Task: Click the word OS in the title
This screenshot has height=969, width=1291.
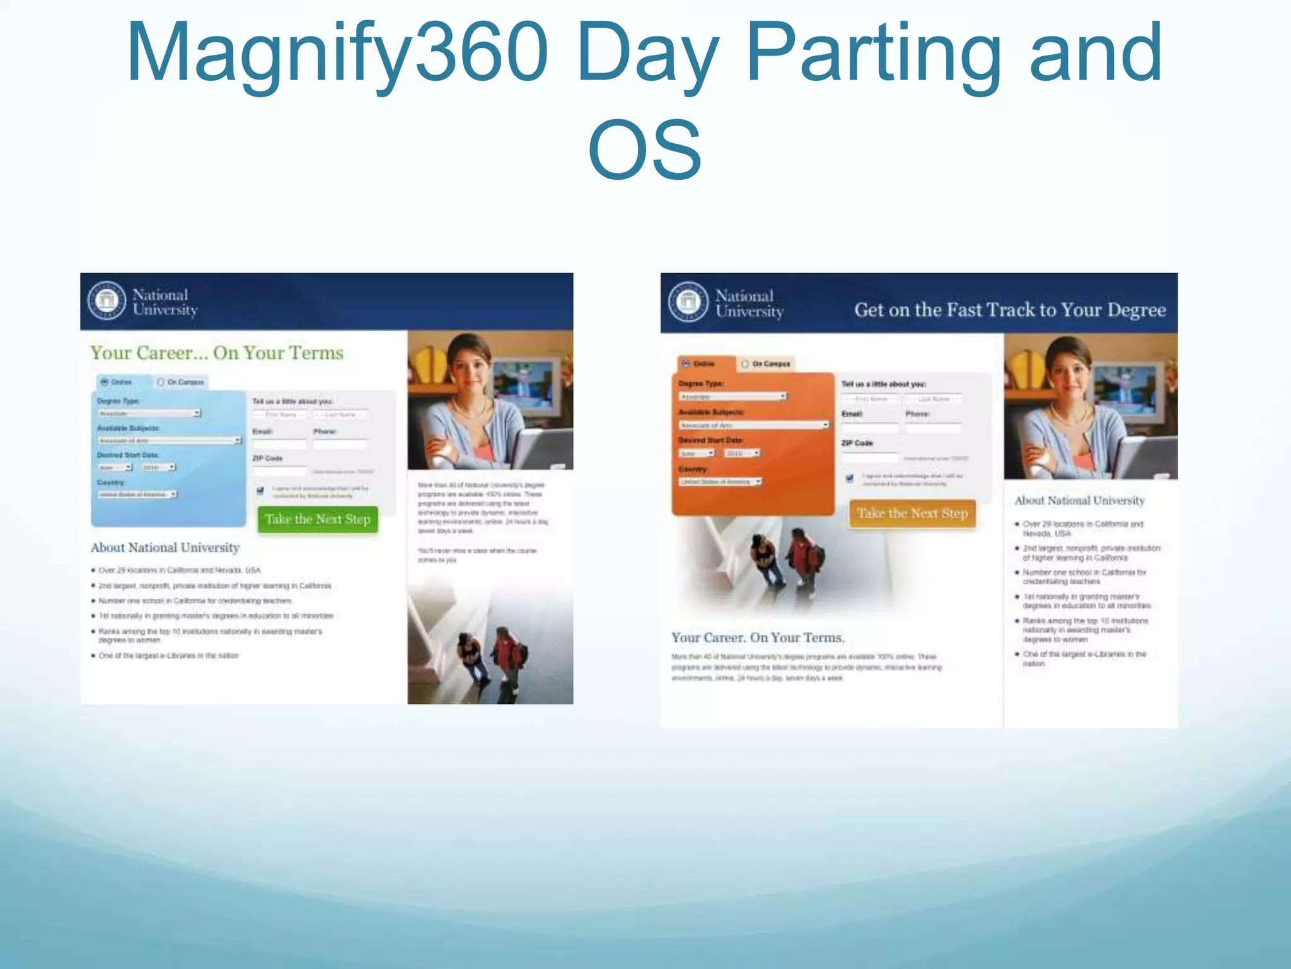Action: [644, 150]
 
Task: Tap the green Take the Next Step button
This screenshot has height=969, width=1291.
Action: [318, 519]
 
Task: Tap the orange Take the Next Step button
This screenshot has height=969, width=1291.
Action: [912, 514]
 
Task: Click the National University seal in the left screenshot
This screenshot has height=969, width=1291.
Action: [107, 300]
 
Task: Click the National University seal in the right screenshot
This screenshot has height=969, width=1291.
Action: [688, 302]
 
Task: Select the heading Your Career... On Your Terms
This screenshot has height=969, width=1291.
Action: [217, 353]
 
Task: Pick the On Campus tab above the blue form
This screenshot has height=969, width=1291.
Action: [181, 382]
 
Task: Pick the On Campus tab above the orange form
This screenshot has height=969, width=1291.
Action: [766, 364]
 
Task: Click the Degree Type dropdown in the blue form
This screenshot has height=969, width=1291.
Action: [149, 413]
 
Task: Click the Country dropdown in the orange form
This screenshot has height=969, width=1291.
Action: [721, 481]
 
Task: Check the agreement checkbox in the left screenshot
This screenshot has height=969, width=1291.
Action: [260, 491]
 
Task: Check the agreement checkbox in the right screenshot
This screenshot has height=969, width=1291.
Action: [849, 478]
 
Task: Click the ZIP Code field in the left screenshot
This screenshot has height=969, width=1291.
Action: [279, 471]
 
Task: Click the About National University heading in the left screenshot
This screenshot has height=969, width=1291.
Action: [165, 548]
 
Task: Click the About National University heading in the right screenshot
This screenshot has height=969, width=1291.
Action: [1079, 500]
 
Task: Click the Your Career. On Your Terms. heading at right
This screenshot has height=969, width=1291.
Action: [758, 638]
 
